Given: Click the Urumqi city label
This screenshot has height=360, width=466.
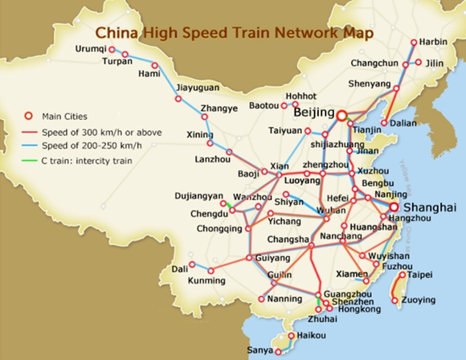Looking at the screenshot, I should pyautogui.click(x=90, y=49).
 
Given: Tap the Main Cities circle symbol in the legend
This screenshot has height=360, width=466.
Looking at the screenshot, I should pyautogui.click(x=27, y=115).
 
